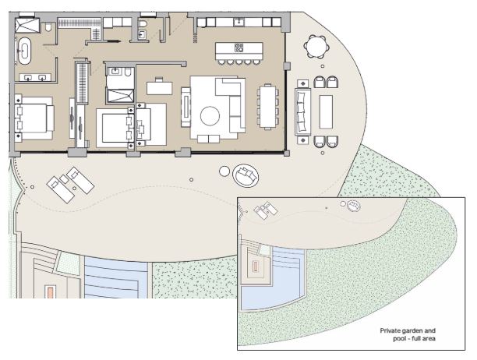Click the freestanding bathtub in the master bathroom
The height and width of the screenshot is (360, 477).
pyautogui.click(x=24, y=52)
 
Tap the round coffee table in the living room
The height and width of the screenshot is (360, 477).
pyautogui.click(x=211, y=117)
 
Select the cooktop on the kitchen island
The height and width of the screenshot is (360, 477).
pyautogui.click(x=239, y=48)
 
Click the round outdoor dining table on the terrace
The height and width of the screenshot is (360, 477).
pyautogui.click(x=316, y=48)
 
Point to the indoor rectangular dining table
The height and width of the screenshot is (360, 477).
pyautogui.click(x=268, y=104)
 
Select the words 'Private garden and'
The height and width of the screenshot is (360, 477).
pyautogui.click(x=405, y=331)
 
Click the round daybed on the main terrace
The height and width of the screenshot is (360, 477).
pyautogui.click(x=245, y=176)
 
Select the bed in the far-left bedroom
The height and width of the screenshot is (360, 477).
pyautogui.click(x=34, y=118)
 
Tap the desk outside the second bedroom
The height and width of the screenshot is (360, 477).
pyautogui.click(x=160, y=86)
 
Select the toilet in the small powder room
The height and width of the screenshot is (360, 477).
pyautogui.click(x=143, y=31)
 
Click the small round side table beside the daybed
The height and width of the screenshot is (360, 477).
pyautogui.click(x=224, y=171)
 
